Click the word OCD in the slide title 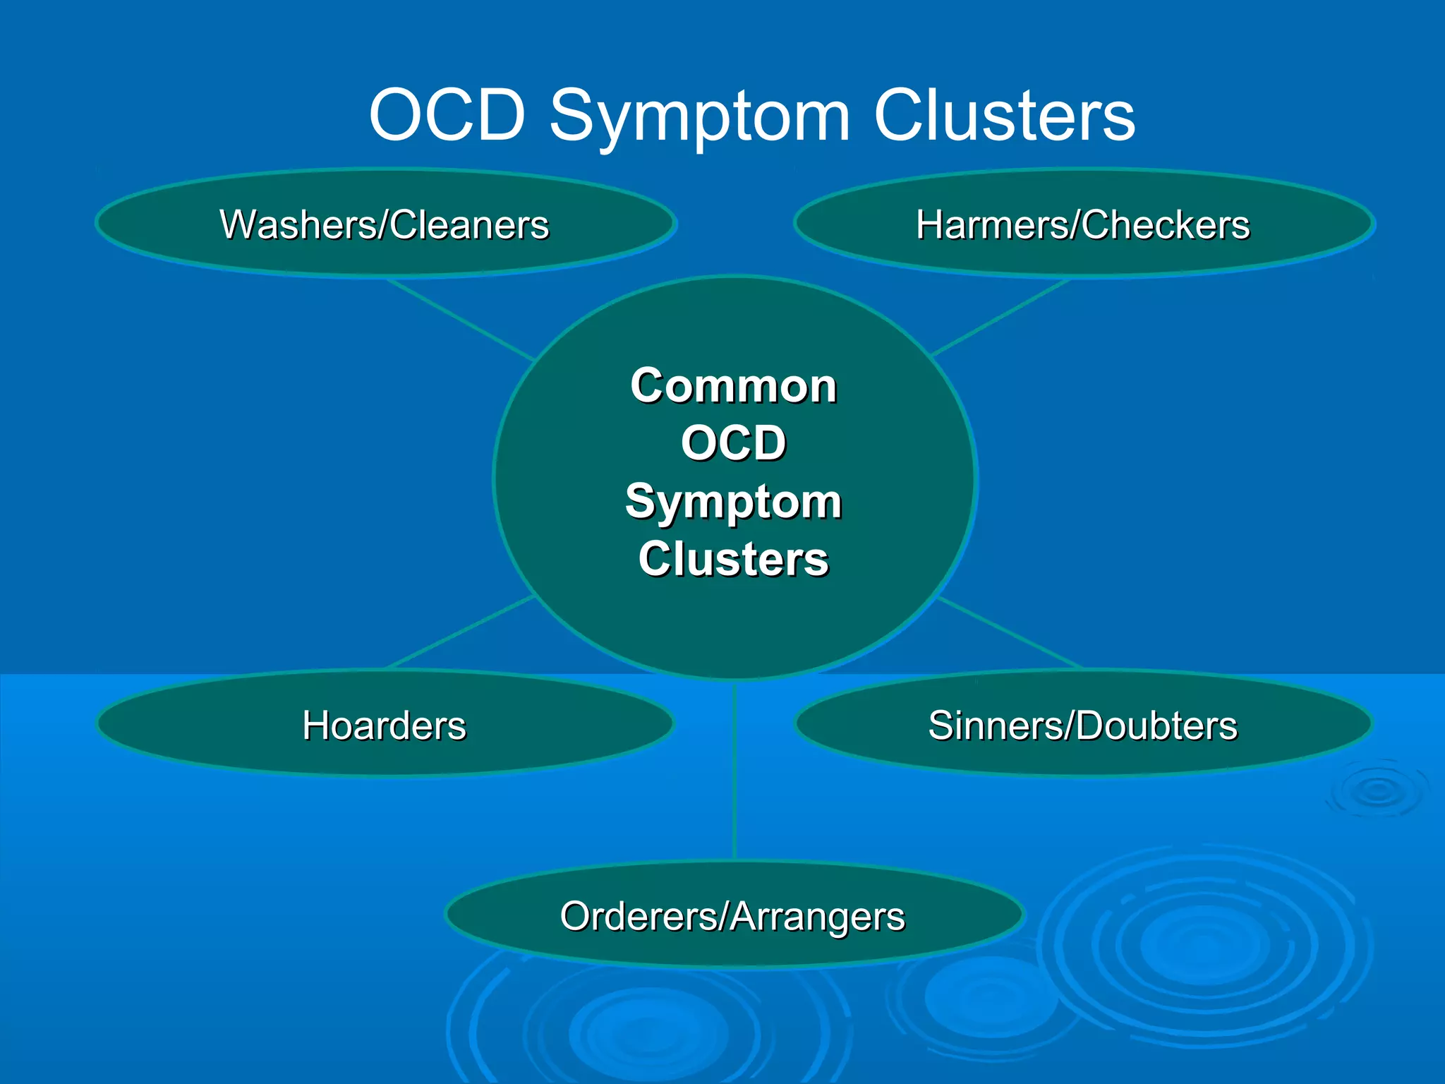click(447, 115)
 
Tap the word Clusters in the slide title click(1004, 115)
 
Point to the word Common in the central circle click(734, 386)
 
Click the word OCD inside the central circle click(734, 443)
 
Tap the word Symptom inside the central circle click(734, 502)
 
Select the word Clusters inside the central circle click(734, 559)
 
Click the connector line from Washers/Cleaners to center click(460, 319)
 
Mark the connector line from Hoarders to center click(460, 632)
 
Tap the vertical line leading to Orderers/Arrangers click(734, 769)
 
